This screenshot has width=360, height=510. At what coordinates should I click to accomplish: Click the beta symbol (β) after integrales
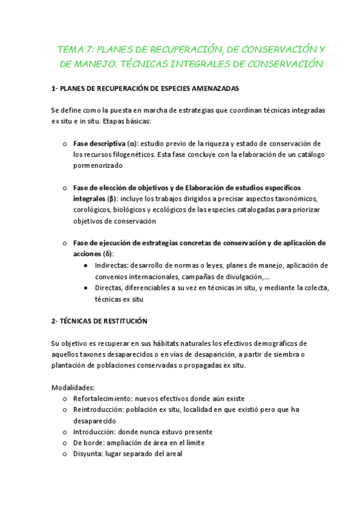111,198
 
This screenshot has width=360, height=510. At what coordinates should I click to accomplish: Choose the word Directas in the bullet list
110,287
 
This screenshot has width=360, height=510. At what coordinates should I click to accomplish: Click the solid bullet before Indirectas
88,265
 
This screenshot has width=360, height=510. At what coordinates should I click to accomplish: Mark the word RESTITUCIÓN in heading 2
121,321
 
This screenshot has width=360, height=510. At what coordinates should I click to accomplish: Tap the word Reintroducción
98,410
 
